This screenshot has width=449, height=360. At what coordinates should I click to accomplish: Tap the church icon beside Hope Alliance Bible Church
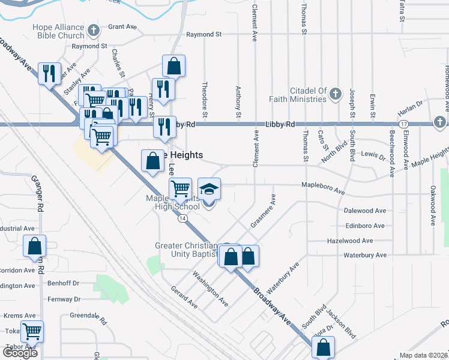tap(93, 30)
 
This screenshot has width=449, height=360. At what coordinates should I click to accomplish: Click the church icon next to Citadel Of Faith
tap(335, 94)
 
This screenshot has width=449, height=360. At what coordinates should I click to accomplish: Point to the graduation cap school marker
tap(209, 190)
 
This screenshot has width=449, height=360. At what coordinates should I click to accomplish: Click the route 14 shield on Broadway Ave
tap(181, 218)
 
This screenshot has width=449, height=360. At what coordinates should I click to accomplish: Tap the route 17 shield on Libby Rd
tap(404, 124)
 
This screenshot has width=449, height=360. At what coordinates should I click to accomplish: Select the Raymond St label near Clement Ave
tap(204, 35)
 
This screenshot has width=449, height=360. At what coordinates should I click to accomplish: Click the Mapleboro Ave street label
tap(323, 188)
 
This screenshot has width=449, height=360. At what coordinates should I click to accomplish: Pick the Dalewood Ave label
tap(365, 211)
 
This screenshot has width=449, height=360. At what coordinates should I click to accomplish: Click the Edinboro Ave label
tap(365, 226)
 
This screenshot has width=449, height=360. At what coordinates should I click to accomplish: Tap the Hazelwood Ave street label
tap(350, 241)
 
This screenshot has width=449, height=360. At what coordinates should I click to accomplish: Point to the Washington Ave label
tap(209, 289)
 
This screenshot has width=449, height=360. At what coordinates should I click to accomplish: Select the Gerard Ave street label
tap(184, 296)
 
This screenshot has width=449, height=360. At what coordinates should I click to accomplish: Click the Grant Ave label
tap(123, 27)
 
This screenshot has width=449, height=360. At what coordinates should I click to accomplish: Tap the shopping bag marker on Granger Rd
tap(34, 245)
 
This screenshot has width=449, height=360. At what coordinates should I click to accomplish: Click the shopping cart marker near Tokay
tap(32, 331)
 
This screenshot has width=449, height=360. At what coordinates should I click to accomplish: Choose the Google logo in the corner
tap(20, 353)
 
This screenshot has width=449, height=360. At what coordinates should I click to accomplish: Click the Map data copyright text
tap(423, 355)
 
